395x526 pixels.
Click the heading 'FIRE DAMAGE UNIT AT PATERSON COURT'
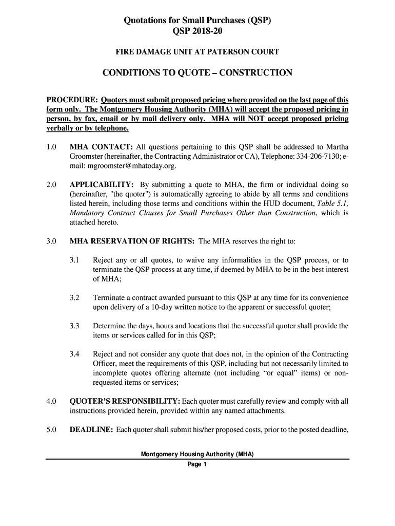point(197,52)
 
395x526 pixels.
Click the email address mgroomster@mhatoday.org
point(123,166)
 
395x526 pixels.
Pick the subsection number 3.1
point(75,260)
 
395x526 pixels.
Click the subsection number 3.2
point(75,298)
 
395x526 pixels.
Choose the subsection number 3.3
point(75,326)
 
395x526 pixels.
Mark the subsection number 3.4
point(75,354)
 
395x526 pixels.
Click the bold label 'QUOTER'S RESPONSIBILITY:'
point(125,402)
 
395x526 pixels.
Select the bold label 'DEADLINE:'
point(91,430)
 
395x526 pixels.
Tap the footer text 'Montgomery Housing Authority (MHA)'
point(197,455)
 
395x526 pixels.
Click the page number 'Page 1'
point(197,465)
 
